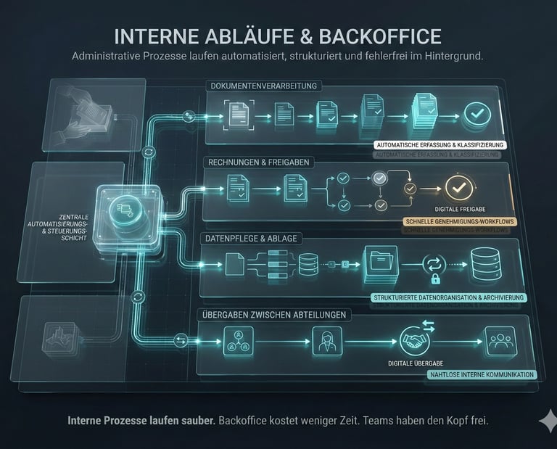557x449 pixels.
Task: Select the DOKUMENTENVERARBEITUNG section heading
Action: [x=265, y=86]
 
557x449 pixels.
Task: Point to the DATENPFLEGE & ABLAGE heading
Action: [x=251, y=239]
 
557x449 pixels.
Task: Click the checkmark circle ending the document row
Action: [x=477, y=114]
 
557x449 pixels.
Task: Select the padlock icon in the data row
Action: [x=436, y=279]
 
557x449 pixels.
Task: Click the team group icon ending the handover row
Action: [x=500, y=341]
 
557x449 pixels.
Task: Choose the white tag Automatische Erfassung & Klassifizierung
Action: [x=439, y=145]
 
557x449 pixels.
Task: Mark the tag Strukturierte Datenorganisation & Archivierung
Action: [x=448, y=297]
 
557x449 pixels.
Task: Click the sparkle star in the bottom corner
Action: [x=548, y=421]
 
